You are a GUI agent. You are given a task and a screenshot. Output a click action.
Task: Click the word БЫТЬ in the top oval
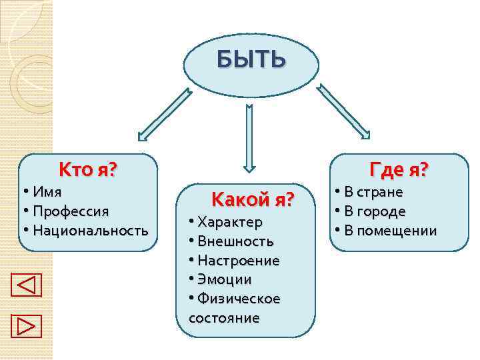coord(251,61)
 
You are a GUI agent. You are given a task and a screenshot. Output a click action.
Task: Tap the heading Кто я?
coord(87,170)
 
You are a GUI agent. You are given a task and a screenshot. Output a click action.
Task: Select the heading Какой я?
coord(252,199)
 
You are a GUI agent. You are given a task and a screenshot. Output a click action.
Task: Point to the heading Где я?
coord(399,170)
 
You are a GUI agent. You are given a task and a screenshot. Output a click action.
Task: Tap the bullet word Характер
coord(230,221)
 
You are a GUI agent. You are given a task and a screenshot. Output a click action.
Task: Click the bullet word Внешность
coord(235,241)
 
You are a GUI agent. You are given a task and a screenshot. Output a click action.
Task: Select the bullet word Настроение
coord(239,260)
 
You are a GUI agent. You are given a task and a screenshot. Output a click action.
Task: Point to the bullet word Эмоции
coord(224,279)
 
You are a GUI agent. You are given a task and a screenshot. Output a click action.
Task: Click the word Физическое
coord(239,299)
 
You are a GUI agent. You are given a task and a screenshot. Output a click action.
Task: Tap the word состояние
coord(224,318)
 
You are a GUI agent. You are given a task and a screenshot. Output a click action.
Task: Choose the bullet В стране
coord(373,192)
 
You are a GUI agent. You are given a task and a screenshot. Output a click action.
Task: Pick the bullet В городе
coord(375,211)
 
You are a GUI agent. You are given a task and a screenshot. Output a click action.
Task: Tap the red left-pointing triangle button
coord(27,285)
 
